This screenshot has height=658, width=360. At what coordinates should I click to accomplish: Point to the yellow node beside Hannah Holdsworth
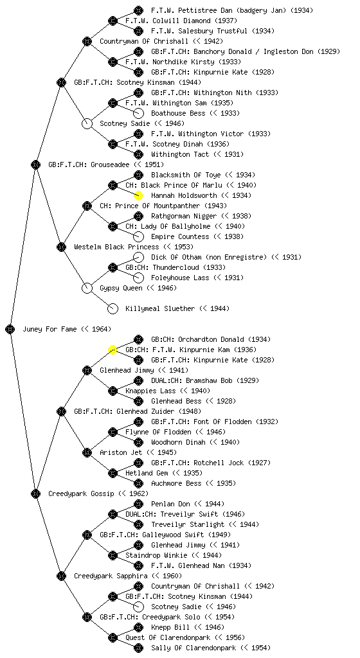[138, 195]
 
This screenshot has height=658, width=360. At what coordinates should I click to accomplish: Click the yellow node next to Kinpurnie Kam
[113, 350]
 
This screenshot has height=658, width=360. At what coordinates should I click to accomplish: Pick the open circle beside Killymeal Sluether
[113, 308]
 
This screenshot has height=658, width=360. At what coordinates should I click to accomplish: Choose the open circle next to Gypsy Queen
[87, 288]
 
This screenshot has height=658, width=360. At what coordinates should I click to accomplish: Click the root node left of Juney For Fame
[10, 329]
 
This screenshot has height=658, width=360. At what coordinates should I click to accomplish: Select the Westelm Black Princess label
[116, 247]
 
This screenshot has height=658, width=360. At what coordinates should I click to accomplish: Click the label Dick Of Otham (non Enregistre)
[209, 257]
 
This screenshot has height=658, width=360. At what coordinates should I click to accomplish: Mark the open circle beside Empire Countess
[138, 236]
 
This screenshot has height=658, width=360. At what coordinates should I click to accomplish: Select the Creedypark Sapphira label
[111, 576]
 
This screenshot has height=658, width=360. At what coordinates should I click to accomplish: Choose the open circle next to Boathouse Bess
[138, 113]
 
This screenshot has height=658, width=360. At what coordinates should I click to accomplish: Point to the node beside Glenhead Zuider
[61, 411]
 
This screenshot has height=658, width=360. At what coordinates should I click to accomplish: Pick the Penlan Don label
[170, 504]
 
